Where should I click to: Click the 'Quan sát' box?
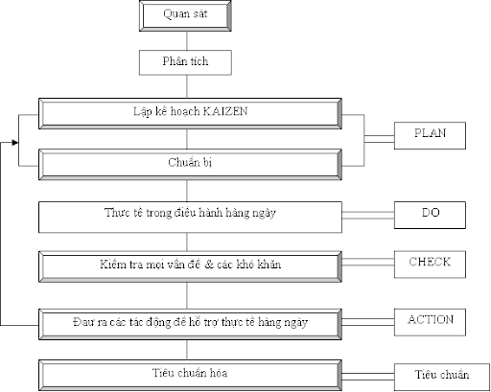[185, 15]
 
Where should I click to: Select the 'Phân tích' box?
[185, 62]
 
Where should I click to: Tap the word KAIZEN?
[225, 111]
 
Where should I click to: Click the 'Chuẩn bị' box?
[190, 165]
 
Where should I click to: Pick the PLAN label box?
[430, 135]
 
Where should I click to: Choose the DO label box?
[430, 215]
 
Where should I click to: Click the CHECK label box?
[430, 265]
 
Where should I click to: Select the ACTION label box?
[430, 322]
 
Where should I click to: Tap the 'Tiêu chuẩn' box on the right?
[442, 377]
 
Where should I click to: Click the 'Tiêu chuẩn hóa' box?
[190, 376]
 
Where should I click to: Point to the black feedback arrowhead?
[15, 143]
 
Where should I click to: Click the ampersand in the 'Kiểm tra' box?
[208, 265]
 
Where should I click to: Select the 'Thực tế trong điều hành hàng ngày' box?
[190, 217]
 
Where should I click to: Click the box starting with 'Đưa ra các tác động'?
[190, 324]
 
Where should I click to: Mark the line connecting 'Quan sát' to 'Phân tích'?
[187, 40]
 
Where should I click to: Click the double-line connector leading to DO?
[368, 216]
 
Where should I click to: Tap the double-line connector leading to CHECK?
[368, 262]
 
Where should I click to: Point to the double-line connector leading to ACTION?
[368, 322]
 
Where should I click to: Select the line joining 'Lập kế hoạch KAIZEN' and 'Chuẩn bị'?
[187, 139]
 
